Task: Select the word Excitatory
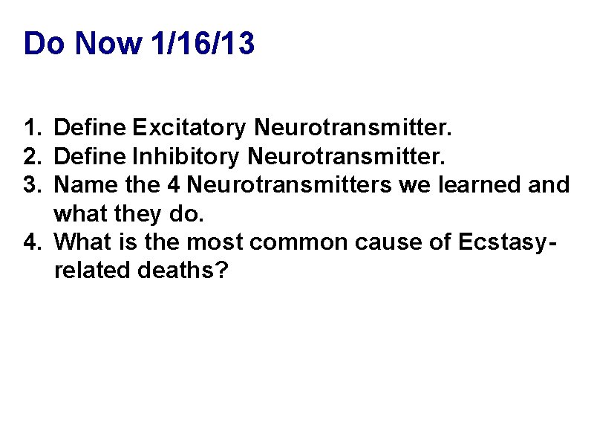[x=189, y=128]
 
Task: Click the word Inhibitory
[x=186, y=156]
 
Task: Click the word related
[x=93, y=271]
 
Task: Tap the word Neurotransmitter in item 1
[x=351, y=128]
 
